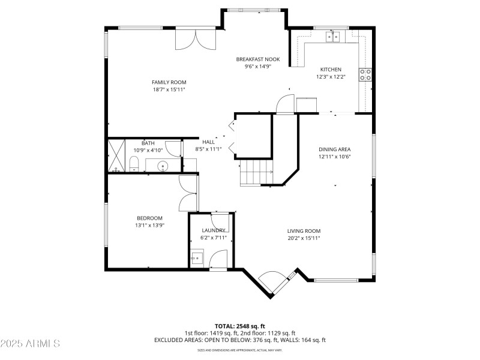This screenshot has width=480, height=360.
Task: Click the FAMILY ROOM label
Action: (x=169, y=82)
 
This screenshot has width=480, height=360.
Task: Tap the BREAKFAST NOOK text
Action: (x=257, y=59)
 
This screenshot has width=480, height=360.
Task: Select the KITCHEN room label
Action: (x=330, y=70)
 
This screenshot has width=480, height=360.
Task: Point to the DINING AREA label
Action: (x=334, y=149)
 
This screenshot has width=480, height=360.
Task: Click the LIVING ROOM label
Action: (x=304, y=231)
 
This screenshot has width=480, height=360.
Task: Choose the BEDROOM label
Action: (x=149, y=218)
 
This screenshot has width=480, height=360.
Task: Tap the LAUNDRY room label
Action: (x=214, y=230)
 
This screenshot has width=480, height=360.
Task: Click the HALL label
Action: (x=208, y=142)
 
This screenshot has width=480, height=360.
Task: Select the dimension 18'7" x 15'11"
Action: (x=169, y=89)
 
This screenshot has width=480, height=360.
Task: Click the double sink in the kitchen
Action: (x=334, y=37)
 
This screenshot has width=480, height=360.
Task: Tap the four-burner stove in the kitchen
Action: (x=365, y=74)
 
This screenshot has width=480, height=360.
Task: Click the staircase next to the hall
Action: (x=256, y=172)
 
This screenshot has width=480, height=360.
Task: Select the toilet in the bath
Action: (x=134, y=163)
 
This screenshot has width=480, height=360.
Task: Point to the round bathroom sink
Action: (x=161, y=165)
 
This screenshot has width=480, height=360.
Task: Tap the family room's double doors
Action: (x=195, y=40)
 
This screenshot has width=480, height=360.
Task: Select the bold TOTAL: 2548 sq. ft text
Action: (x=239, y=326)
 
